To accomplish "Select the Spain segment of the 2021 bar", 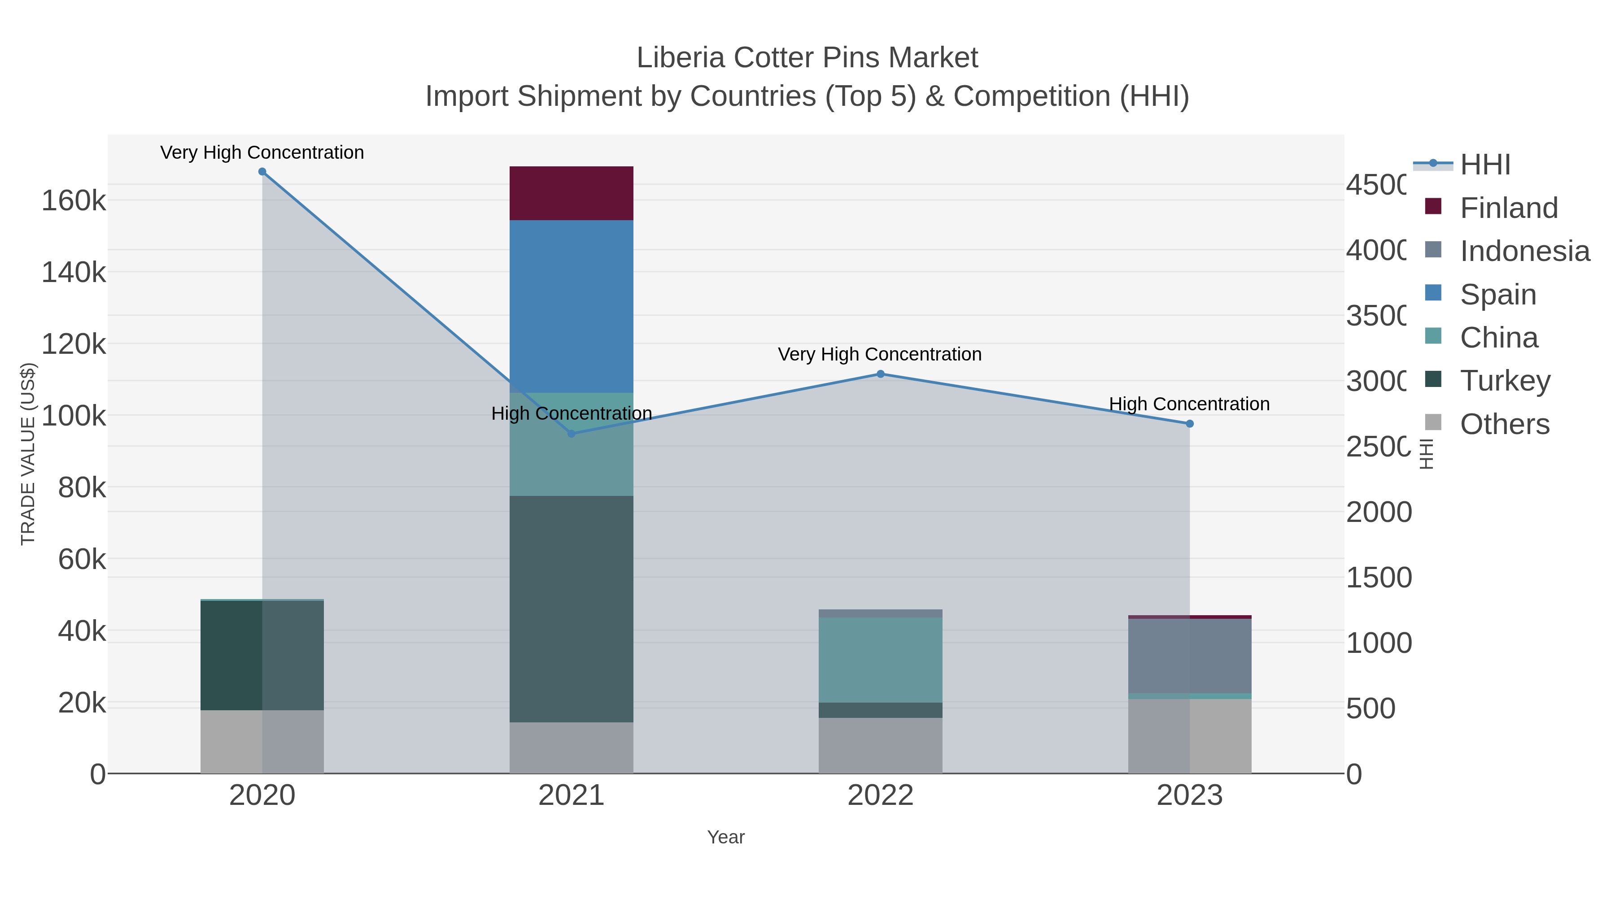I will pos(571,306).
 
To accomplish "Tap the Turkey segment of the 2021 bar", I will pos(571,608).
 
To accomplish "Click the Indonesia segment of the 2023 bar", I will pos(1189,656).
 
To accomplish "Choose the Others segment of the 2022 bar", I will pos(880,745).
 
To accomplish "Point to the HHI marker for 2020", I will pos(262,172).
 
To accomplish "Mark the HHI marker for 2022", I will pos(880,374).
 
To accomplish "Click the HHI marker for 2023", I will pos(1189,424).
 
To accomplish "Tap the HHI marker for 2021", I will pos(571,434).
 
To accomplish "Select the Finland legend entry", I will pos(1508,208).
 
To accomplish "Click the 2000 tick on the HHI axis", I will pos(1379,513).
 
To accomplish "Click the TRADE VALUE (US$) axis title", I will pos(28,454).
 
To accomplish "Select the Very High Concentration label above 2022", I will pos(880,355).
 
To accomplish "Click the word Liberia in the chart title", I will pos(681,58).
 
